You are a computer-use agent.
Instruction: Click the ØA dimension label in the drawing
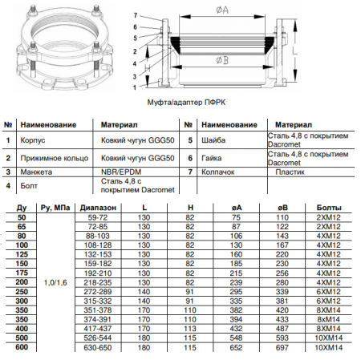tap(222, 10)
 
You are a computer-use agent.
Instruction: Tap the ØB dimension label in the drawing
tap(222, 61)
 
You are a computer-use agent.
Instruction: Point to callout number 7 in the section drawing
tap(136, 15)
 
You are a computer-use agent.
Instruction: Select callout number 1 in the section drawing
tap(135, 87)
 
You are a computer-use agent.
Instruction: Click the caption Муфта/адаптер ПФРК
tap(186, 102)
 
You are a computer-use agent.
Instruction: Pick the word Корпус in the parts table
tap(33, 140)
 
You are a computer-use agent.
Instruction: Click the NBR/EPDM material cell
tap(121, 172)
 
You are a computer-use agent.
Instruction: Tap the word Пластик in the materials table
tap(290, 172)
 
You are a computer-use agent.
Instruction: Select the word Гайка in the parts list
tap(212, 158)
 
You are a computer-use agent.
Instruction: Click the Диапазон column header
tap(98, 208)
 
